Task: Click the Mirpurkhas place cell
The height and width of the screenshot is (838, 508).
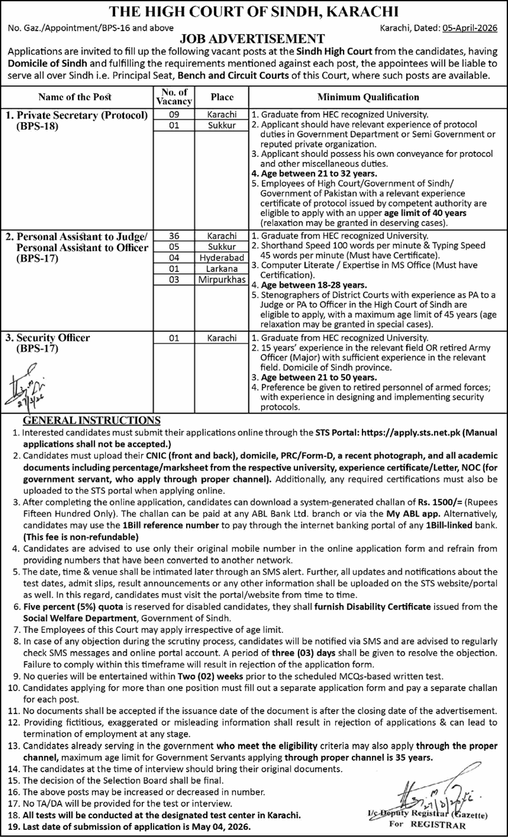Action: pyautogui.click(x=221, y=279)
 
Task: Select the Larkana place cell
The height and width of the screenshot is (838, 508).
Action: pyautogui.click(x=221, y=268)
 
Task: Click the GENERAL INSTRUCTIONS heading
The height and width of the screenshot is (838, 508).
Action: pyautogui.click(x=92, y=420)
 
